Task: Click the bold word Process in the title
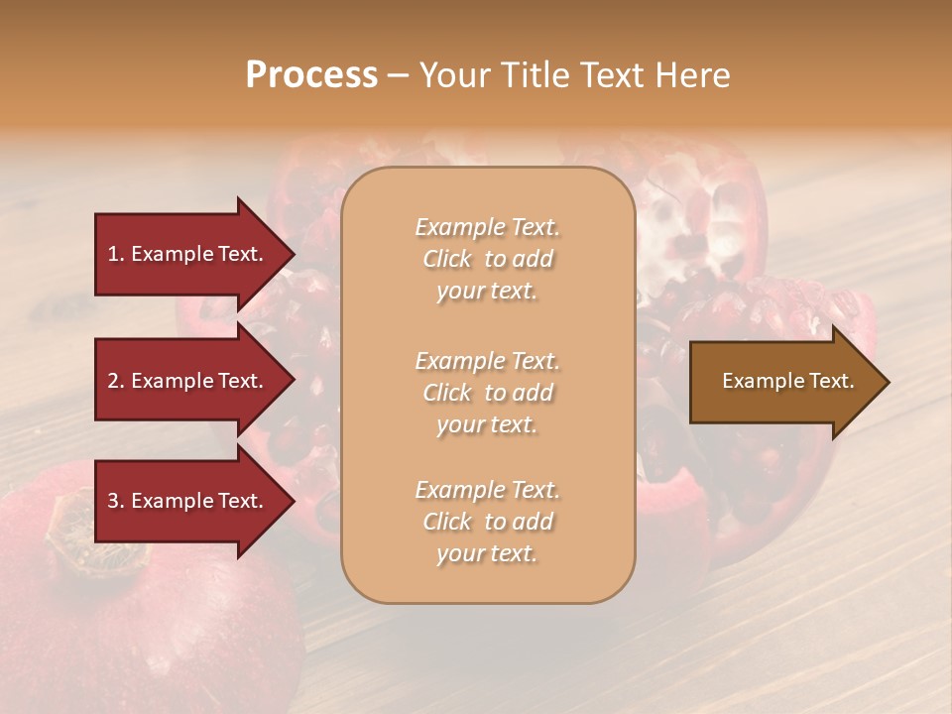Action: [x=311, y=75]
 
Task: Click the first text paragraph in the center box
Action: [x=487, y=259]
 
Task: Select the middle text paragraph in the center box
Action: [x=487, y=393]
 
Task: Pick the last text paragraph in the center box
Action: [x=487, y=522]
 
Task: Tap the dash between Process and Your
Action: [x=398, y=75]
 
